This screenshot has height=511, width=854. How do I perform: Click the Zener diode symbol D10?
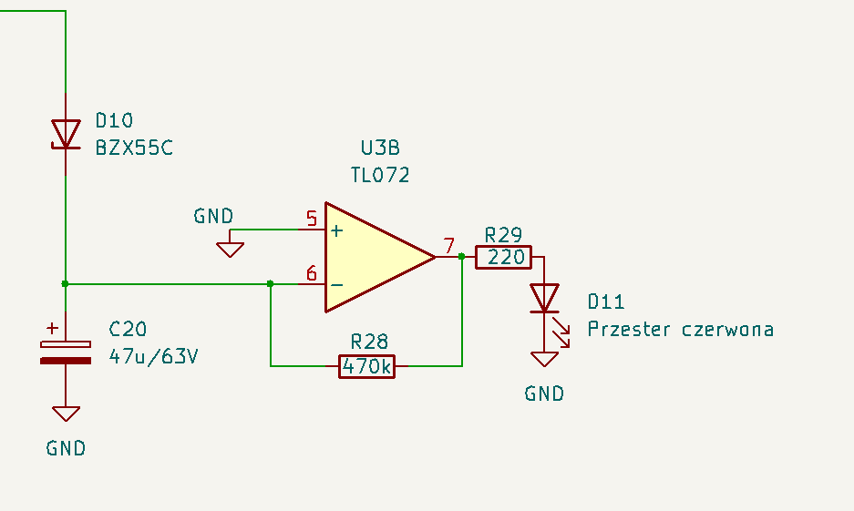tap(66, 135)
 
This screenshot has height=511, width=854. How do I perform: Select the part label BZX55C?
tap(134, 148)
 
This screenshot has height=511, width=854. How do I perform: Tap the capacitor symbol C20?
tap(66, 353)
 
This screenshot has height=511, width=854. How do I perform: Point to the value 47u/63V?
tap(154, 356)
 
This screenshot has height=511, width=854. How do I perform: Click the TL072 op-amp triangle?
tap(380, 257)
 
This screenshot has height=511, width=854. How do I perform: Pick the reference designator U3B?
tap(380, 148)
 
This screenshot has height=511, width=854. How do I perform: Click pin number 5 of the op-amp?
tap(312, 219)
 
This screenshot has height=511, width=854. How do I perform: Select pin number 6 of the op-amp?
tap(312, 273)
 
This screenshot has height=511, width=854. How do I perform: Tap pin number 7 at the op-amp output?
tap(448, 246)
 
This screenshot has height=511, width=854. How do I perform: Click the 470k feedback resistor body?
tap(366, 366)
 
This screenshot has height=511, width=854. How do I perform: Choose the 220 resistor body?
tap(503, 257)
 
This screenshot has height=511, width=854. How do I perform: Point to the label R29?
tap(503, 235)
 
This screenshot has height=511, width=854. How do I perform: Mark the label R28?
tap(369, 342)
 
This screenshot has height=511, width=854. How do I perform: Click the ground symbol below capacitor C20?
tap(66, 414)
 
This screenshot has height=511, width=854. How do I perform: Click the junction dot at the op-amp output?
tap(462, 256)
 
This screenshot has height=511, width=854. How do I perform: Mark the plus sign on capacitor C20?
tap(52, 328)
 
